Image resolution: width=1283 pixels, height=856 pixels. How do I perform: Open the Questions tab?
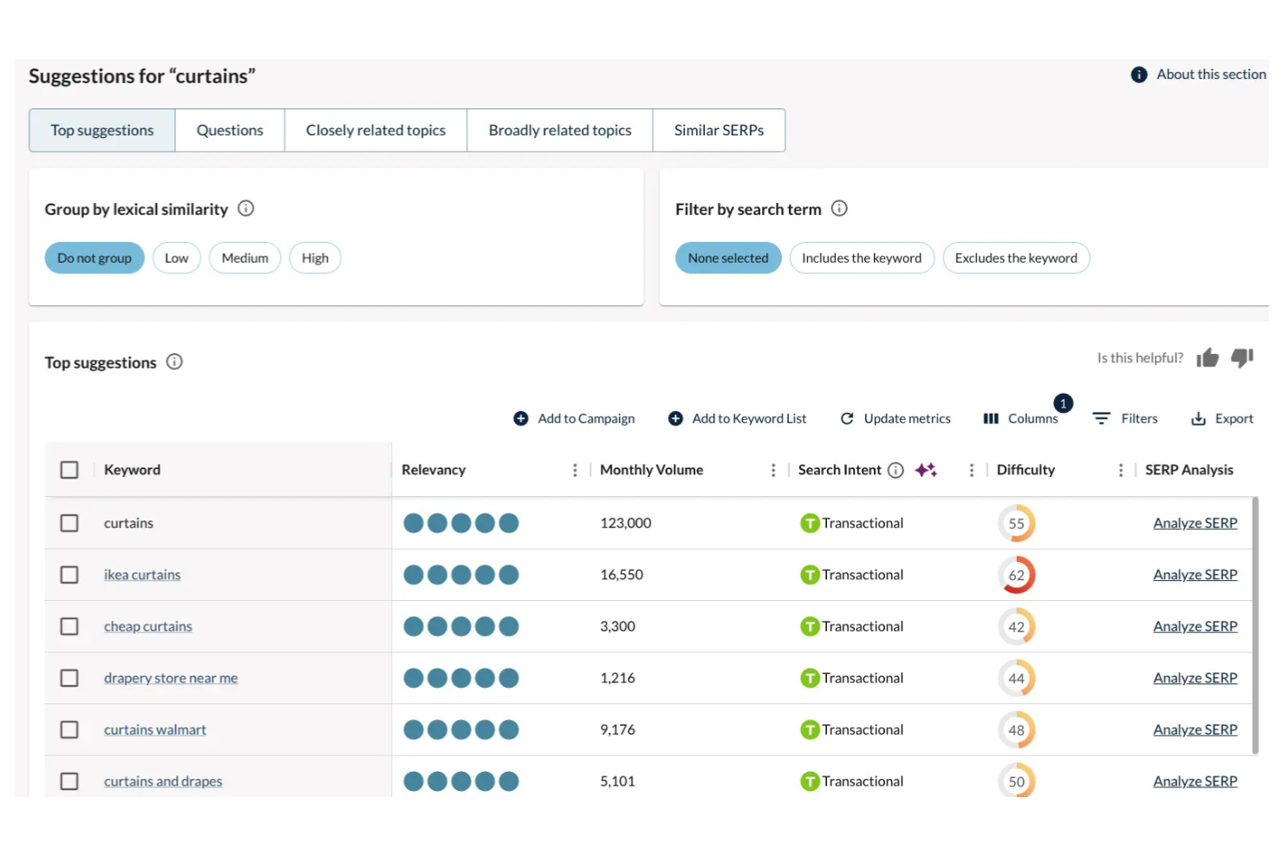tap(230, 130)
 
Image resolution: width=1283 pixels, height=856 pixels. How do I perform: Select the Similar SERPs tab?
tap(719, 130)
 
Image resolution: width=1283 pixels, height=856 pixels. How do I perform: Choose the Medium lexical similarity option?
tap(244, 258)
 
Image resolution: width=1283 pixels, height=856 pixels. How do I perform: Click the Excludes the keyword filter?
tap(1015, 258)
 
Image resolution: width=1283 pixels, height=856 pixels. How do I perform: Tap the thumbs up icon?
tap(1208, 358)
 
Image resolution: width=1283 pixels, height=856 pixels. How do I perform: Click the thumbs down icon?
tap(1242, 357)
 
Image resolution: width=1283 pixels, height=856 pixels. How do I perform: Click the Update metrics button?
tap(895, 419)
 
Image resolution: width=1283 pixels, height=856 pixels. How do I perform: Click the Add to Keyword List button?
tap(738, 419)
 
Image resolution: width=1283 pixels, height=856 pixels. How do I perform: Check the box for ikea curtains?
tap(69, 575)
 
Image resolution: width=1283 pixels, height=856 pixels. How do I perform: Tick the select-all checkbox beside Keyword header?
tap(69, 470)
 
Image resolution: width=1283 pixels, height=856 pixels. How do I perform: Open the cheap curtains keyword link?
tap(148, 626)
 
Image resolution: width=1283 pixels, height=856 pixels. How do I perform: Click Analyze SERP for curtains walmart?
tap(1195, 729)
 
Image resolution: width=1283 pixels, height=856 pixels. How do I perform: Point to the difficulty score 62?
tap(1016, 575)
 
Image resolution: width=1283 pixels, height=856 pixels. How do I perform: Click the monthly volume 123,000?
tap(625, 523)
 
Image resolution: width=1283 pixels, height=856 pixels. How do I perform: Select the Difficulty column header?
tap(1026, 470)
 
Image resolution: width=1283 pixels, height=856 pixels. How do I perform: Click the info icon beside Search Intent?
tap(895, 470)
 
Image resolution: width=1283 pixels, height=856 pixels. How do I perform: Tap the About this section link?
tap(1210, 75)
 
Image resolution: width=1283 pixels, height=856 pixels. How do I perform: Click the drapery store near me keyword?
tap(171, 678)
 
